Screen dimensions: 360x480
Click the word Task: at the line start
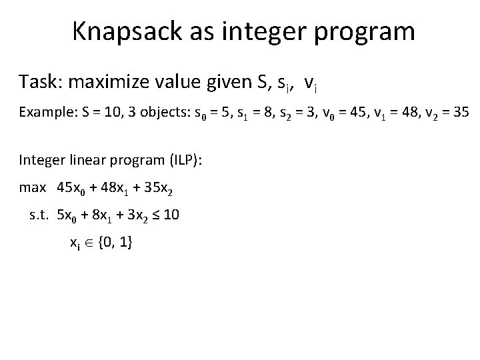pos(40,83)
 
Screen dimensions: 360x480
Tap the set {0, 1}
pos(115,244)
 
